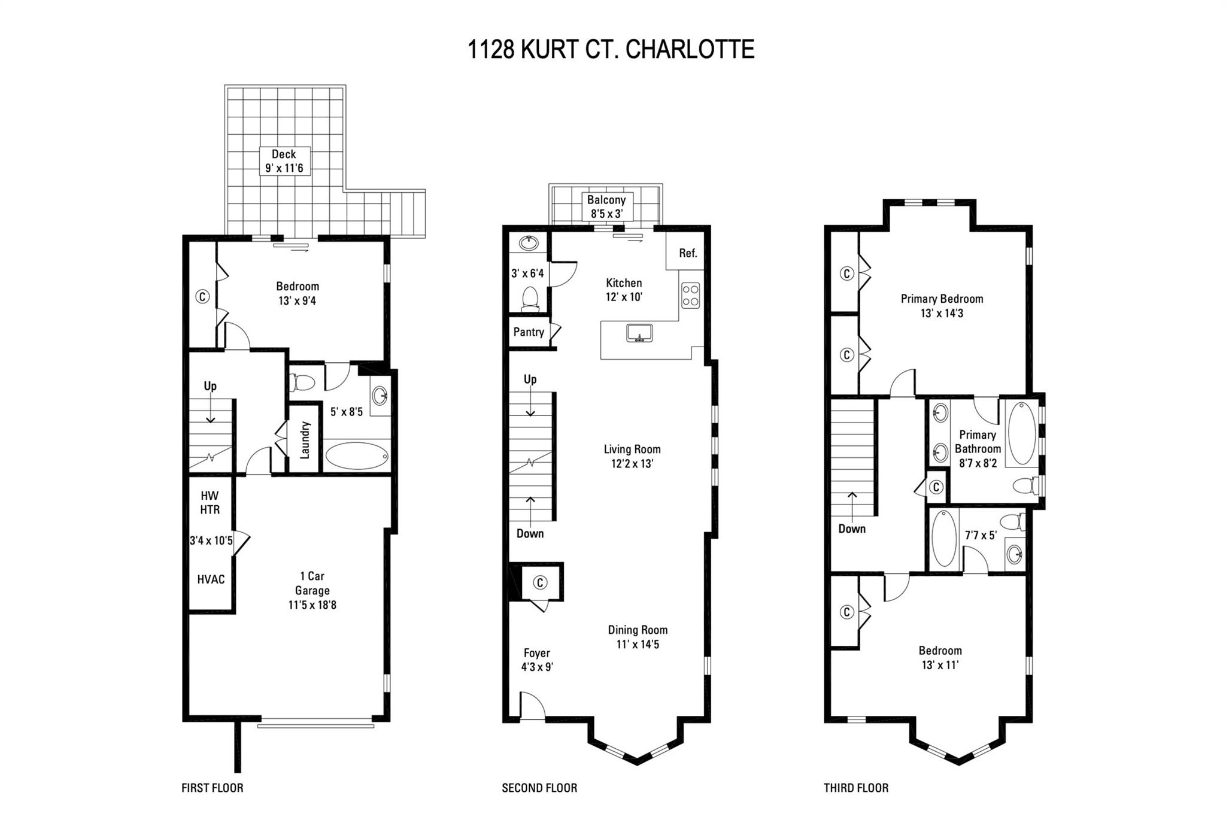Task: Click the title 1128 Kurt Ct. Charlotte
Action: click(x=611, y=49)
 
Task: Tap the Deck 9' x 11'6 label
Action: click(x=284, y=161)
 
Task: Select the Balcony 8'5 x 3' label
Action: click(x=606, y=206)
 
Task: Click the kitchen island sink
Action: click(x=640, y=332)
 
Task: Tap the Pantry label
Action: click(x=529, y=332)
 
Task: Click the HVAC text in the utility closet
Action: click(x=211, y=579)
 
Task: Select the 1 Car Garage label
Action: click(x=312, y=591)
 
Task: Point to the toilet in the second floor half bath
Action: click(x=530, y=299)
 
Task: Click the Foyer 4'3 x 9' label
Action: click(x=537, y=660)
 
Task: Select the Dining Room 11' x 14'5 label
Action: click(x=638, y=637)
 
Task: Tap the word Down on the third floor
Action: click(x=852, y=529)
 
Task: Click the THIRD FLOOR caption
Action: click(x=856, y=788)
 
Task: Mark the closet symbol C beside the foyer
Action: click(x=540, y=582)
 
